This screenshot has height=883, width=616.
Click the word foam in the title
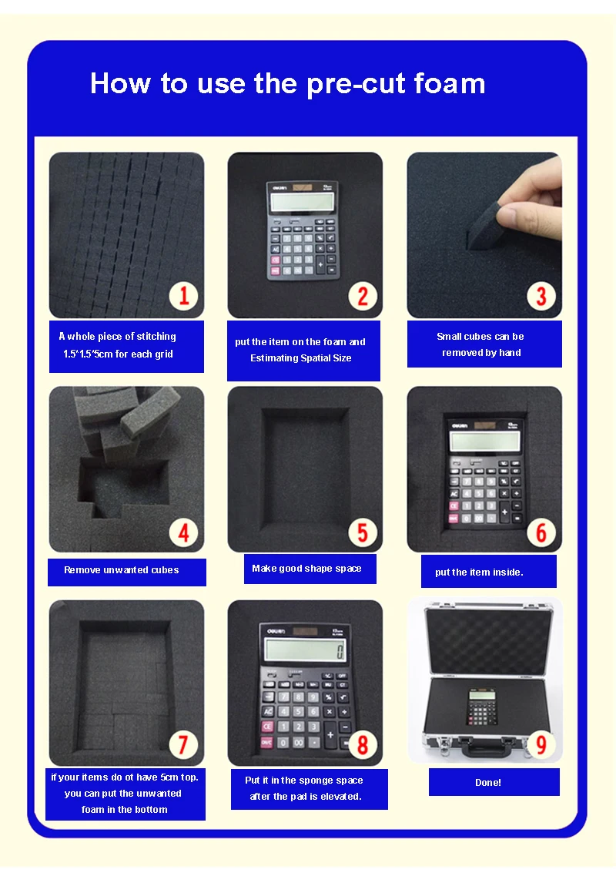tap(450, 83)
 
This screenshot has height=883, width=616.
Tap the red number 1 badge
tap(183, 296)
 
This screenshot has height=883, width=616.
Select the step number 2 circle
tap(363, 296)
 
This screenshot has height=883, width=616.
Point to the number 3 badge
tap(541, 296)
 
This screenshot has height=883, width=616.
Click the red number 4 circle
tap(183, 532)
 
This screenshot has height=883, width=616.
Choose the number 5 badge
tap(363, 532)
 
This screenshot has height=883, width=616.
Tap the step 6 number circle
tap(541, 532)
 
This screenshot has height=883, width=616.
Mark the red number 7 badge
tap(183, 744)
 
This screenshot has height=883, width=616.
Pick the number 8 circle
tap(363, 744)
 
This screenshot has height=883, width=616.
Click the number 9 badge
tap(541, 744)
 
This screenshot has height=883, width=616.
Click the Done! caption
tap(487, 782)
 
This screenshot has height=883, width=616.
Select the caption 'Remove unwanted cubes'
tap(122, 570)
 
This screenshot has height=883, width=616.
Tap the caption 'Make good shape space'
tap(306, 569)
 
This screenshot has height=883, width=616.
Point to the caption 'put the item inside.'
tap(479, 572)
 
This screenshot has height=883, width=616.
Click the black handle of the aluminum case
tap(484, 748)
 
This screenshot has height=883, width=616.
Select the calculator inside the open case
tap(482, 707)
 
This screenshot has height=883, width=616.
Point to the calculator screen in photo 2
tap(304, 201)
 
